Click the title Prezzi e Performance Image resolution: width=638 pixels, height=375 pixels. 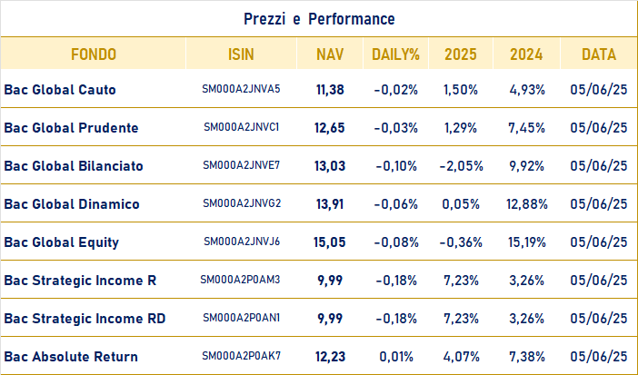click(x=319, y=19)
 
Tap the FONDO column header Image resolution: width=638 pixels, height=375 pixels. click(x=94, y=54)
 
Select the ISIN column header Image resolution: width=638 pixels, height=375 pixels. click(x=241, y=54)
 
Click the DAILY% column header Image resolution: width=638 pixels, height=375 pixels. click(x=395, y=54)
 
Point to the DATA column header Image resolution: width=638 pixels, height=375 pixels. click(x=599, y=54)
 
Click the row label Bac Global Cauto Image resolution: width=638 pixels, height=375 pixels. click(x=60, y=90)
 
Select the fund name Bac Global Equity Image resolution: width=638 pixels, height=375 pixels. click(x=62, y=242)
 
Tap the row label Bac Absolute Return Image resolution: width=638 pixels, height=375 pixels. click(x=71, y=357)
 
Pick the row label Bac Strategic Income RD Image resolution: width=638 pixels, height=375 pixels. click(x=85, y=319)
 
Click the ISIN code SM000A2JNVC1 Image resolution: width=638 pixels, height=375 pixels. click(x=241, y=127)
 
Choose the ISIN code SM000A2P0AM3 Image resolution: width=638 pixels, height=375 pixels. click(x=240, y=280)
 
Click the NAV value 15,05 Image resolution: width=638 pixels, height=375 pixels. click(x=330, y=242)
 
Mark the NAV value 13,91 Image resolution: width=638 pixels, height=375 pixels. click(x=330, y=204)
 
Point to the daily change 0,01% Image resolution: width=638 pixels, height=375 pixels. click(x=396, y=357)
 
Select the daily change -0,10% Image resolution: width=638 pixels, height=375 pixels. click(x=396, y=166)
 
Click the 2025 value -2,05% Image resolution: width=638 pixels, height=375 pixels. click(x=461, y=166)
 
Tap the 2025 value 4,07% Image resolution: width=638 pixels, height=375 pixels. click(x=461, y=357)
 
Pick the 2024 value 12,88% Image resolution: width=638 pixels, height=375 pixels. click(x=527, y=204)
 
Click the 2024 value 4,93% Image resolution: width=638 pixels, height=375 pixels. click(x=527, y=90)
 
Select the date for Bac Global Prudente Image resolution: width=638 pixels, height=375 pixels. click(x=599, y=128)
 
